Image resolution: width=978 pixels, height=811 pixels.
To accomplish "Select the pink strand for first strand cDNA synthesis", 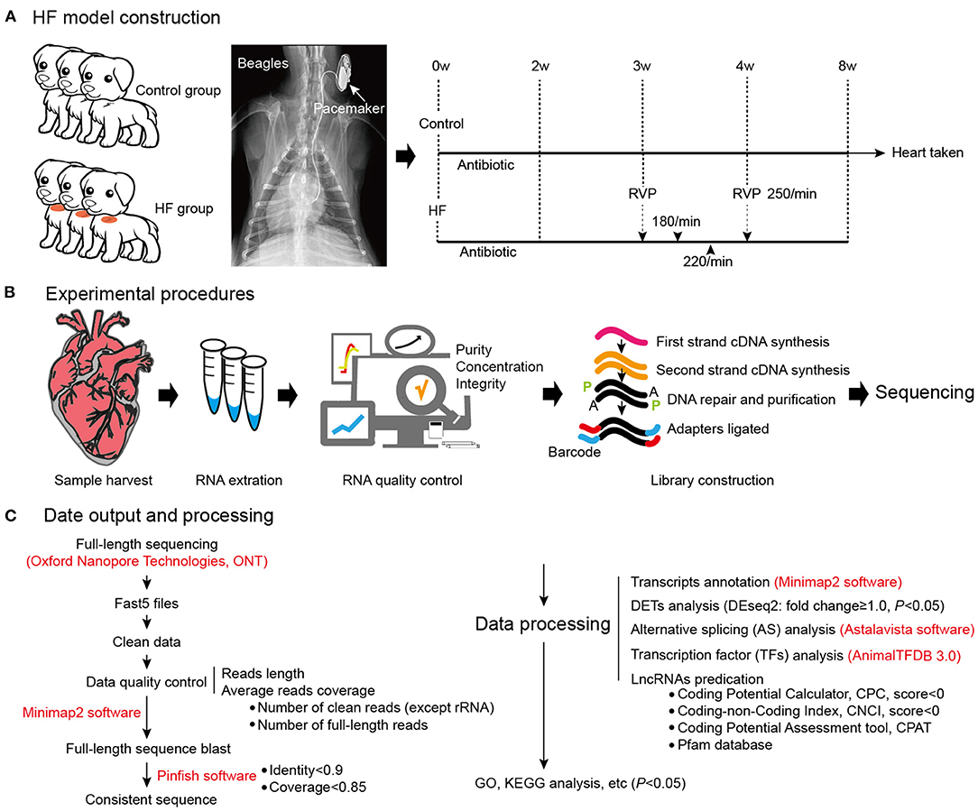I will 623,337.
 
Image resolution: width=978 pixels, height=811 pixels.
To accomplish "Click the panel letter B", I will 11,294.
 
